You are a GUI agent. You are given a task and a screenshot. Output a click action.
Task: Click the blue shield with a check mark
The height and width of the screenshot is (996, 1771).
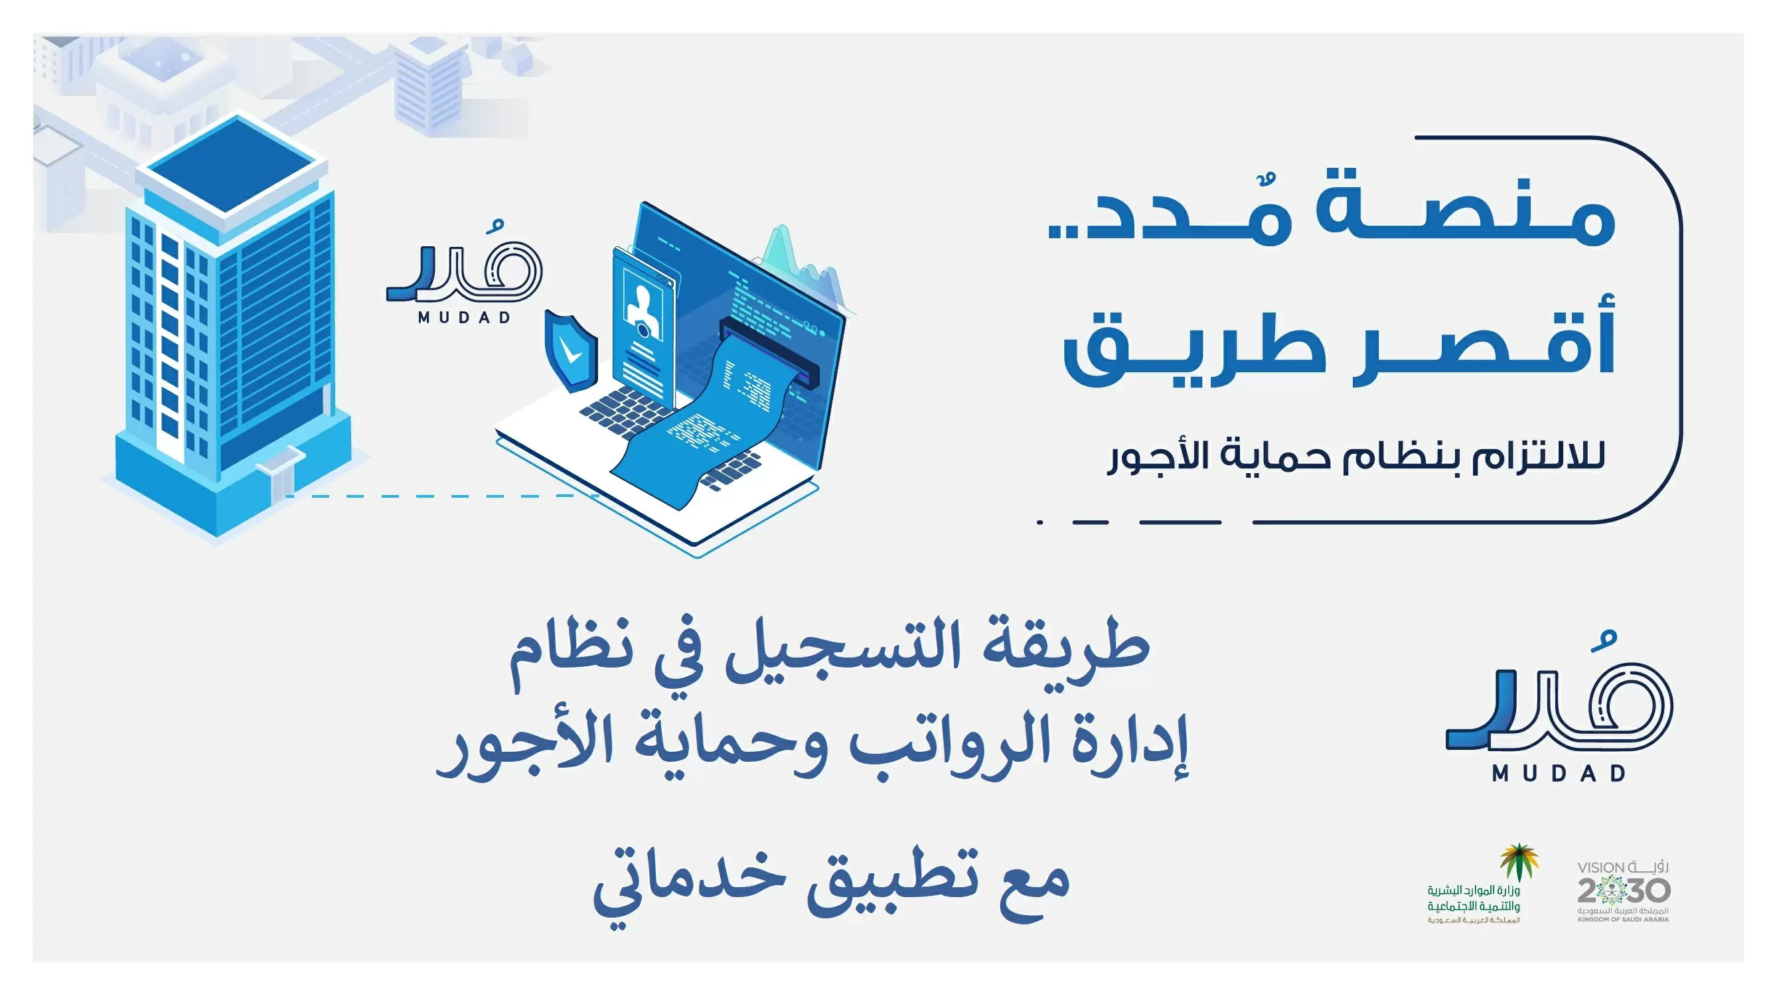(571, 350)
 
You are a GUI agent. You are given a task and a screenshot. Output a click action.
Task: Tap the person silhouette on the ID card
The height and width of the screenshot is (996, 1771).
(643, 312)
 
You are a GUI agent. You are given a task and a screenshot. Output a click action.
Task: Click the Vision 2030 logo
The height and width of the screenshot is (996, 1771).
(1623, 891)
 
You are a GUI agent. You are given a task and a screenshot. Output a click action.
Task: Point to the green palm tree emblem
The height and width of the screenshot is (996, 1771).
(1519, 862)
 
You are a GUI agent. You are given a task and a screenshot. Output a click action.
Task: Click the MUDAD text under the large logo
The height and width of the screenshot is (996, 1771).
(1559, 773)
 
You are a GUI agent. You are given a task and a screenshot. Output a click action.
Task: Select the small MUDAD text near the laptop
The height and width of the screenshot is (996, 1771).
(465, 318)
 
